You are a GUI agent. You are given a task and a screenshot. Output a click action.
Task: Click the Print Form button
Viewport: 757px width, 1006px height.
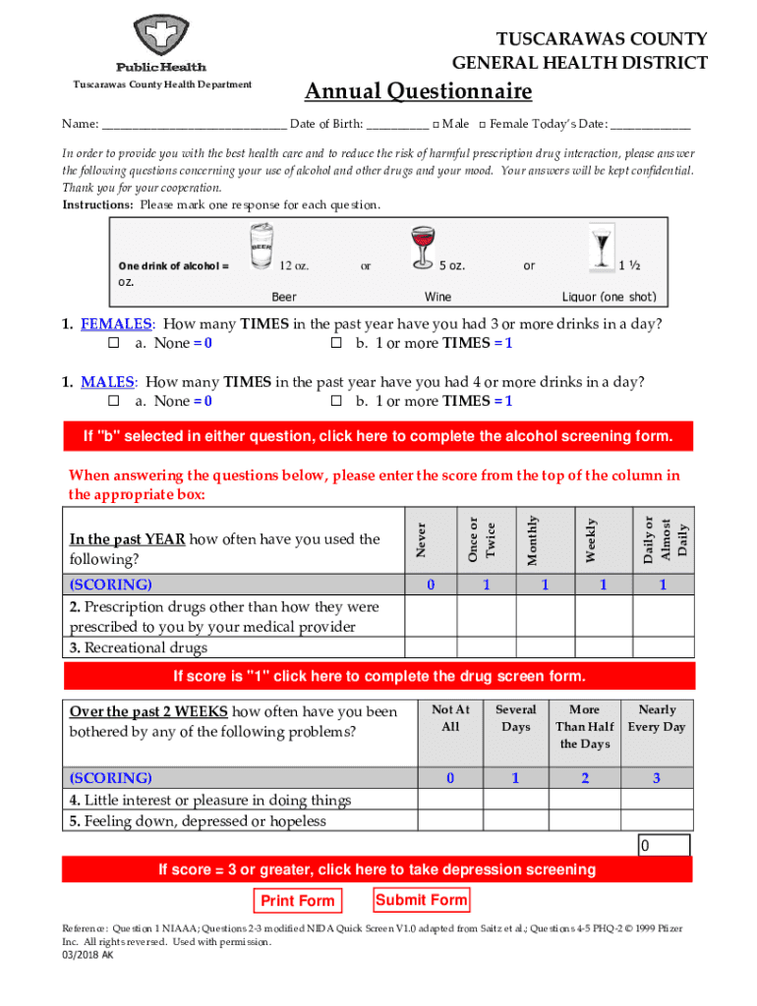click(298, 901)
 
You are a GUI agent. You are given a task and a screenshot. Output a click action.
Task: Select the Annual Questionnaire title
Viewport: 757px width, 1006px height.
click(418, 92)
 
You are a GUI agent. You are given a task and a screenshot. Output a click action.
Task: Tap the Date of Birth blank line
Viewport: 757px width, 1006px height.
click(398, 126)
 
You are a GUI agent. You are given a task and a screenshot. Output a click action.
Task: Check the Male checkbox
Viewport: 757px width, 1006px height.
click(437, 125)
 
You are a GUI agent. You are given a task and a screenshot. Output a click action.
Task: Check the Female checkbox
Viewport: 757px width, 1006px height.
click(483, 125)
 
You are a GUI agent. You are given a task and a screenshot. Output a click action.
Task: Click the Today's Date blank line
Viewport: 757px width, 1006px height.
click(650, 126)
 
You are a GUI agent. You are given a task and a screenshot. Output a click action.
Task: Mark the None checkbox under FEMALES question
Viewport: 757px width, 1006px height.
click(113, 344)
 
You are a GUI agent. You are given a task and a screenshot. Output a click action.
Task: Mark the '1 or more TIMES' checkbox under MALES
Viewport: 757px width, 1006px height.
click(335, 402)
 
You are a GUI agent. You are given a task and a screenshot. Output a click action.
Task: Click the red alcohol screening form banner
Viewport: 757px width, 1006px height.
click(378, 436)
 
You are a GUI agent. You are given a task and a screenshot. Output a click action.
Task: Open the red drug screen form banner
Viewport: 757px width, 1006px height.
click(378, 677)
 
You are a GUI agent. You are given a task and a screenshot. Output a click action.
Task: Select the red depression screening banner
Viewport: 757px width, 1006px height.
click(378, 869)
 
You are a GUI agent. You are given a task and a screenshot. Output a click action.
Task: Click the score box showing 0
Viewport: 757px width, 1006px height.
click(664, 846)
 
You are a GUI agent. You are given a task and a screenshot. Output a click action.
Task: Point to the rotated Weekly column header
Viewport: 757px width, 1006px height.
click(591, 540)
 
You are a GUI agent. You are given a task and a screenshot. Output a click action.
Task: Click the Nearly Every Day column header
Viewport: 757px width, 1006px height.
click(657, 718)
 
